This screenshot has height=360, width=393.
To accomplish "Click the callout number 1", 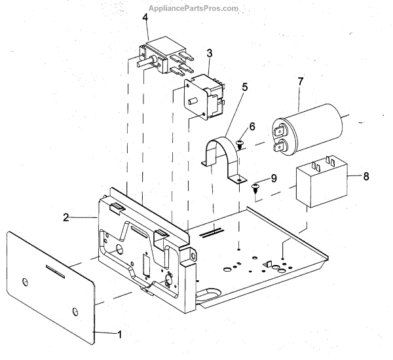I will tap(119, 334).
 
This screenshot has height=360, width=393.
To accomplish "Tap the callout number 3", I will tap(209, 52).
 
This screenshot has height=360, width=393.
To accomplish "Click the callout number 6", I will tap(252, 126).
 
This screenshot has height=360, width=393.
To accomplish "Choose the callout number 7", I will tap(300, 82).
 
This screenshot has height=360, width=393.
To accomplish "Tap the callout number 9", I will tap(274, 177).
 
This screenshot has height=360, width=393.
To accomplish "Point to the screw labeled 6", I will tap(240, 141).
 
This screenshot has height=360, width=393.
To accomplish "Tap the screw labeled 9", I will tap(255, 189).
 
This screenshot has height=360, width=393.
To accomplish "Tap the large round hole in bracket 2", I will tap(120, 249).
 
